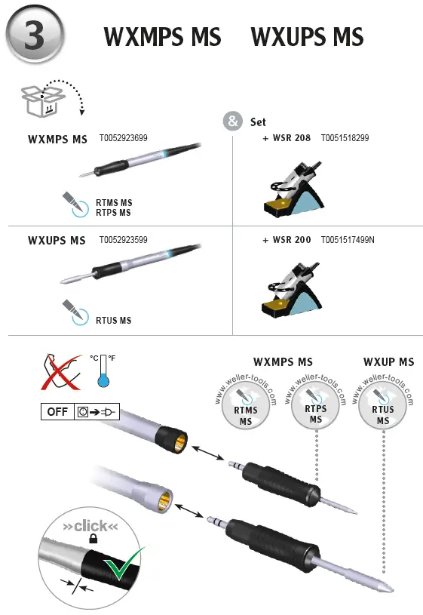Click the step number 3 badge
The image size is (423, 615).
35,35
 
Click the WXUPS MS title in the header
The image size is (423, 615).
306,37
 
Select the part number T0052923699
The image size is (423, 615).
123,139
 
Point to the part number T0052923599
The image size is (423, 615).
123,240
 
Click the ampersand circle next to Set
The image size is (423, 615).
233,121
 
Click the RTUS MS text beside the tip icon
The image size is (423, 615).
113,321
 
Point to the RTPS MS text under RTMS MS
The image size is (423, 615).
113,213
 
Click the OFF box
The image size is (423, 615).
57,413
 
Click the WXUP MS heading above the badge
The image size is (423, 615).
388,362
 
